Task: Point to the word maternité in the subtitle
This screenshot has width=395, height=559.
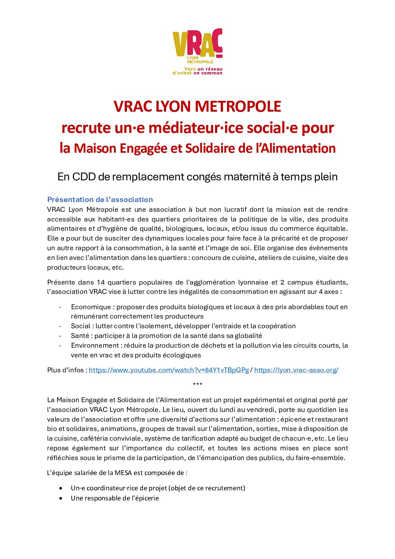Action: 246,177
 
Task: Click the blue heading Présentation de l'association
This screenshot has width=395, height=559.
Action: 100,199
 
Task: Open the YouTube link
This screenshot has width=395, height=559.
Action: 169,370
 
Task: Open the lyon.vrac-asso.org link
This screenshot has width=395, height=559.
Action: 296,370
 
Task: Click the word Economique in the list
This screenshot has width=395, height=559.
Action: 91,307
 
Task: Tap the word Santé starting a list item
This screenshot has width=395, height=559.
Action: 80,336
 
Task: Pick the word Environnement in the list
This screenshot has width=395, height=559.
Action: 95,345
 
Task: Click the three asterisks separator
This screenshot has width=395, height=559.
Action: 197,385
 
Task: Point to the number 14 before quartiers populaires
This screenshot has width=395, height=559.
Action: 100,282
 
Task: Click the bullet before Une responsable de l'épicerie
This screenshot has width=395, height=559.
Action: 61,498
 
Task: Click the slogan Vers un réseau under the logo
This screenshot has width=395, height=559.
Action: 203,69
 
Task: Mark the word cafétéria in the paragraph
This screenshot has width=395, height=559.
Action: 93,438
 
